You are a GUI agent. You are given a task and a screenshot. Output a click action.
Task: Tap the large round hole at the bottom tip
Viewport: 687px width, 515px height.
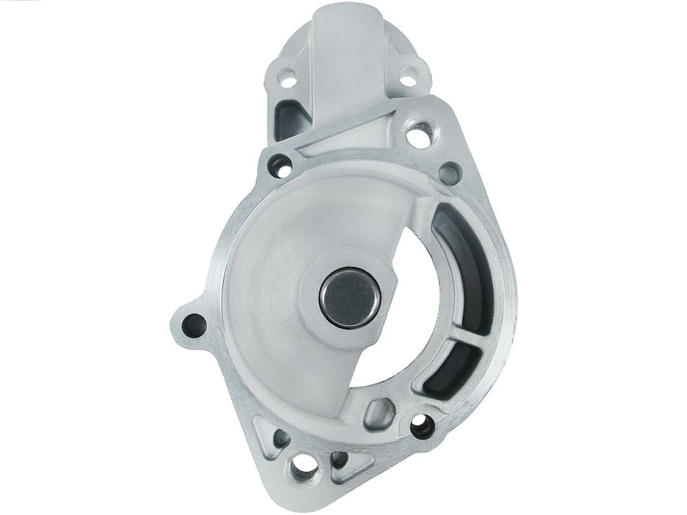tap(300, 470)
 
